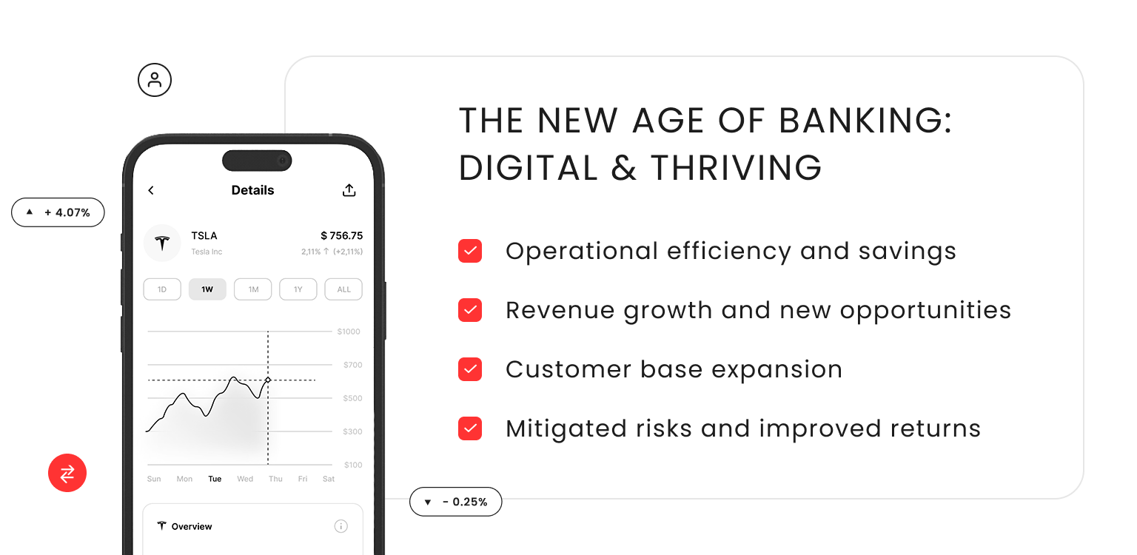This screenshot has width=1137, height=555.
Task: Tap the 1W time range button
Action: point(207,289)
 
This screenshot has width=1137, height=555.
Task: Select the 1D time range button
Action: point(162,289)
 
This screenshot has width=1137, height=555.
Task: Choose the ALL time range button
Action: point(343,289)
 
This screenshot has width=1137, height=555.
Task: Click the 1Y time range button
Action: point(298,289)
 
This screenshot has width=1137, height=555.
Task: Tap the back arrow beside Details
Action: point(151,190)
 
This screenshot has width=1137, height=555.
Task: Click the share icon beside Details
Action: point(349,190)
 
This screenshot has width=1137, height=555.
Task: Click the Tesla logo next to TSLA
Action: point(162,243)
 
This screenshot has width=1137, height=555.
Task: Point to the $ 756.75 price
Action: point(341,235)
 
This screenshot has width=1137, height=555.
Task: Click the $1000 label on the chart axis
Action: point(349,332)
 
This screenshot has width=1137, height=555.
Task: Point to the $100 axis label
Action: point(353,465)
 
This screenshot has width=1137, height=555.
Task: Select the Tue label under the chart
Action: point(215,479)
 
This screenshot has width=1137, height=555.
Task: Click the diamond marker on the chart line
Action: point(268,380)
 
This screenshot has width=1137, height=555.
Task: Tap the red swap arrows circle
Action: point(67,473)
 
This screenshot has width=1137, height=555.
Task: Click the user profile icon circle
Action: point(155,80)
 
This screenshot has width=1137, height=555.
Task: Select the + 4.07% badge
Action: point(58,212)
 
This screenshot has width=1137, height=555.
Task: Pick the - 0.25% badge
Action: point(455,502)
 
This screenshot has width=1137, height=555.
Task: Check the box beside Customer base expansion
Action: point(470,369)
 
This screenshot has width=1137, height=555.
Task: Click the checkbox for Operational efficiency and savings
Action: point(470,251)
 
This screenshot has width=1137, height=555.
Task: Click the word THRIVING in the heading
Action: point(736,168)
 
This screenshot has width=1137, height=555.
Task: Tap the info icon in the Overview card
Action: point(341,526)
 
